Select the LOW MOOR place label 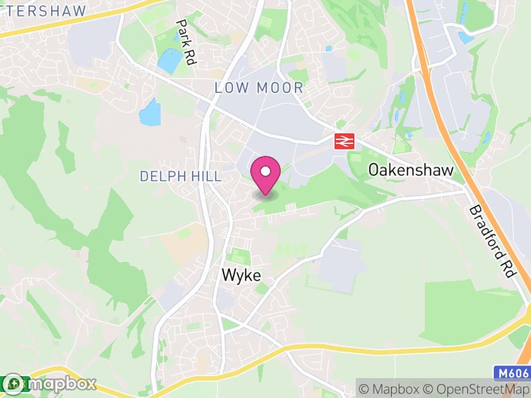[x=259, y=88]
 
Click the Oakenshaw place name [x=411, y=170]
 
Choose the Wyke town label [x=241, y=275]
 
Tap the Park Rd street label [x=185, y=42]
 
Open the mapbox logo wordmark [x=60, y=383]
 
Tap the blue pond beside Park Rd [x=169, y=60]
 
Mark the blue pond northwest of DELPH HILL [x=150, y=113]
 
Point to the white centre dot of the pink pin [x=265, y=171]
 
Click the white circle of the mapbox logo [x=13, y=383]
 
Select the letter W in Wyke [x=228, y=275]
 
